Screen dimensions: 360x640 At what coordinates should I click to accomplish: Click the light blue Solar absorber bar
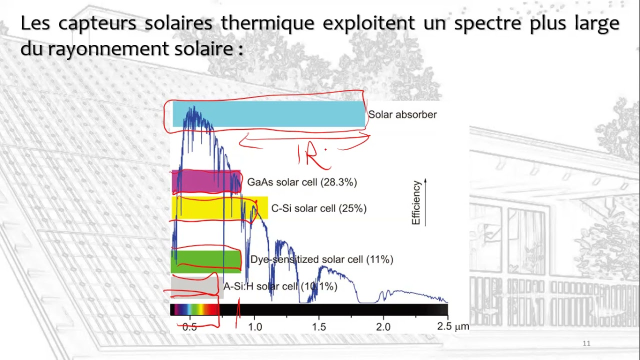[x=280, y=114]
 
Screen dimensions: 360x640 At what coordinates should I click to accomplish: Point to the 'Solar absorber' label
[x=402, y=114]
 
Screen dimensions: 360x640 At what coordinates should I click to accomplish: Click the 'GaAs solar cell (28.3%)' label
[x=302, y=182]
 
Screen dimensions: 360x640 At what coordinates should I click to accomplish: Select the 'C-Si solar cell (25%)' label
[x=318, y=208]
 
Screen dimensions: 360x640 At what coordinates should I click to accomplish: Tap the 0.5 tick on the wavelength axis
[x=189, y=327]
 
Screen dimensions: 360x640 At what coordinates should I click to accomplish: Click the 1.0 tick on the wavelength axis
[x=254, y=327]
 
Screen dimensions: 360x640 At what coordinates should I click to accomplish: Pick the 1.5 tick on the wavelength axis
[x=319, y=327]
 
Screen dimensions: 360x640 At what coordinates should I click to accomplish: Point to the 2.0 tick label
[x=383, y=327]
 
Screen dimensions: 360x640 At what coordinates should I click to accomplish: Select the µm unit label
[x=462, y=327]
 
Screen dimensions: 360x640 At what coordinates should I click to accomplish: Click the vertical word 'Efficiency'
[x=416, y=202]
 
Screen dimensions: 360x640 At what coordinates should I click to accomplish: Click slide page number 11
[x=587, y=343]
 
